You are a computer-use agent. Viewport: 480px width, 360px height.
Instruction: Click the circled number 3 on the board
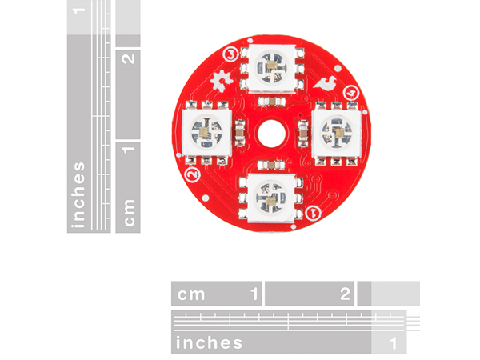click(x=231, y=54)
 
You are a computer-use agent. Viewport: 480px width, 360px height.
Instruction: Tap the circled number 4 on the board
click(x=351, y=93)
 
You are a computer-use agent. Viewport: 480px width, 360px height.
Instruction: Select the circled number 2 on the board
click(x=193, y=174)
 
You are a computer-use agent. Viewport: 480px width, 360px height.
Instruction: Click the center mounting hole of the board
click(x=271, y=134)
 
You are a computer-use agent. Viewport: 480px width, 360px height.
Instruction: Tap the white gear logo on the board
click(x=222, y=81)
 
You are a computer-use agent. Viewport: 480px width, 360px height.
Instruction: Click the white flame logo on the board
click(x=326, y=83)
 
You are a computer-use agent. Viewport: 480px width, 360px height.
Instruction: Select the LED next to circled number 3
click(x=272, y=68)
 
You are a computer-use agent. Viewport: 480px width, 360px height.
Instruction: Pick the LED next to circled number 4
click(x=337, y=133)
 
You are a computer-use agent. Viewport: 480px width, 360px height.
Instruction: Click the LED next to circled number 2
click(x=206, y=133)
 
